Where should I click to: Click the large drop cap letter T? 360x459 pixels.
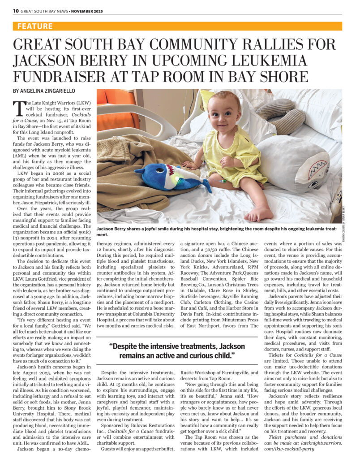pyautogui.click(x=19, y=108)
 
